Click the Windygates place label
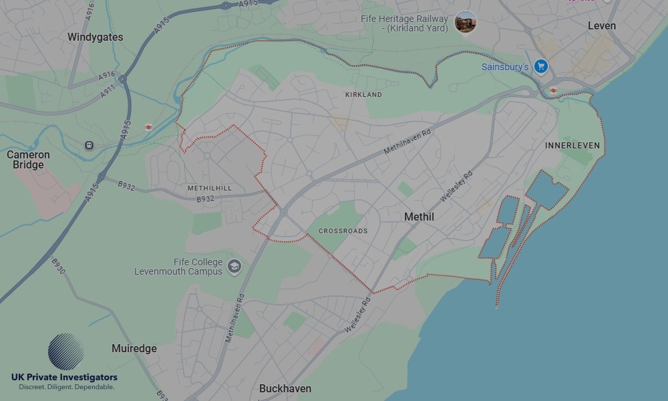95,37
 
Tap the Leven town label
602,25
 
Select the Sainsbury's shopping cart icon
541,67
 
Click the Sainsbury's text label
504,67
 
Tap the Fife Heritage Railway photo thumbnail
466,22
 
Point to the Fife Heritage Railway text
404,23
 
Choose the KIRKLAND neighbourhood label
363,95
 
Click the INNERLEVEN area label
572,146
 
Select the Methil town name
419,217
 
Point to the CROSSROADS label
343,231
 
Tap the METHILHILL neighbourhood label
210,188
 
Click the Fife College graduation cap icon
234,267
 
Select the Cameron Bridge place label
28,160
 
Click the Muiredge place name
134,349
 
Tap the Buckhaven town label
285,388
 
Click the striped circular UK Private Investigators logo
65,352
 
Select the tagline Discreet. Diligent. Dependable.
66,387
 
